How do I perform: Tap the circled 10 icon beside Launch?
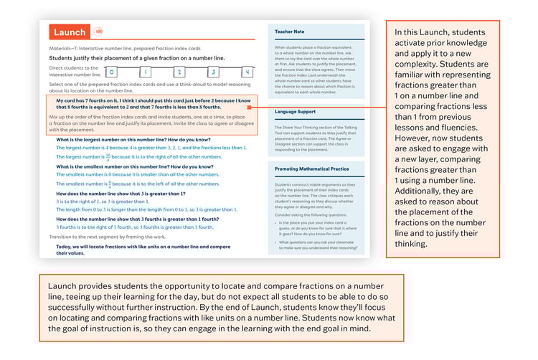(x=98, y=32)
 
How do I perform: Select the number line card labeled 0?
(x=111, y=72)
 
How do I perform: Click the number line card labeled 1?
(x=145, y=72)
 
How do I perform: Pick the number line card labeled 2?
(x=179, y=72)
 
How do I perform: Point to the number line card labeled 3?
(x=212, y=72)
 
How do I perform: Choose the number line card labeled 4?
(x=246, y=72)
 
